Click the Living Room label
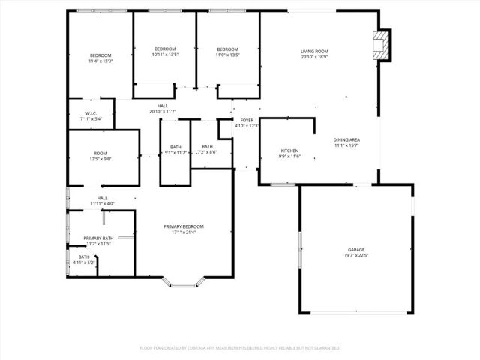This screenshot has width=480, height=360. (315, 51)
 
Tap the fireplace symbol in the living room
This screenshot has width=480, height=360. (382, 46)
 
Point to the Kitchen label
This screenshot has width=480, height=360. (289, 150)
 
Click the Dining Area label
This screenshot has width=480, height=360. (346, 139)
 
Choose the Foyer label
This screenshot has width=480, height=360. (247, 120)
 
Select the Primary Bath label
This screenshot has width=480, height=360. (97, 238)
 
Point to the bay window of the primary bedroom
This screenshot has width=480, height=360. (184, 283)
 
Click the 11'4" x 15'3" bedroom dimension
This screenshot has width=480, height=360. (100, 61)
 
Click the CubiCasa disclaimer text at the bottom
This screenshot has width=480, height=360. (240, 348)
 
